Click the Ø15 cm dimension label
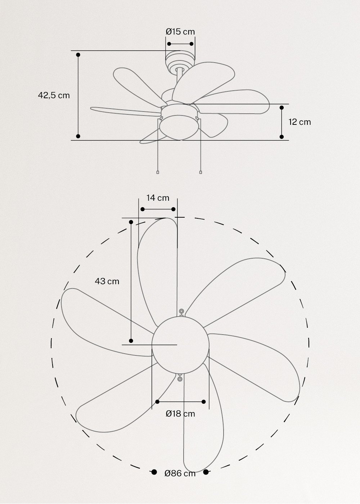pyautogui.click(x=180, y=32)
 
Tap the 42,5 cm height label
pyautogui.click(x=54, y=96)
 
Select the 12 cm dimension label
pyautogui.click(x=300, y=122)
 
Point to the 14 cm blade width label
pyautogui.click(x=158, y=198)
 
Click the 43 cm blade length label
pyautogui.click(x=107, y=281)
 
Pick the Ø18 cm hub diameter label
pyautogui.click(x=180, y=414)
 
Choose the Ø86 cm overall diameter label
pyautogui.click(x=180, y=473)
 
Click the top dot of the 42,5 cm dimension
pyautogui.click(x=78, y=55)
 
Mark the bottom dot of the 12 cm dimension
pyautogui.click(x=282, y=137)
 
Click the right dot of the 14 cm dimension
pyautogui.click(x=174, y=209)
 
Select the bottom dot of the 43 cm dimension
pyautogui.click(x=131, y=341)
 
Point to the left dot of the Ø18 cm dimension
pyautogui.click(x=157, y=402)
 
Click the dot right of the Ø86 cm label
pyautogui.click(x=206, y=472)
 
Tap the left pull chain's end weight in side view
pyautogui.click(x=158, y=172)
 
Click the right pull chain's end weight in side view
pyautogui.click(x=201, y=172)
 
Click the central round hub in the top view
pyautogui.click(x=180, y=345)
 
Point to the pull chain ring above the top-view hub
pyautogui.click(x=181, y=311)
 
